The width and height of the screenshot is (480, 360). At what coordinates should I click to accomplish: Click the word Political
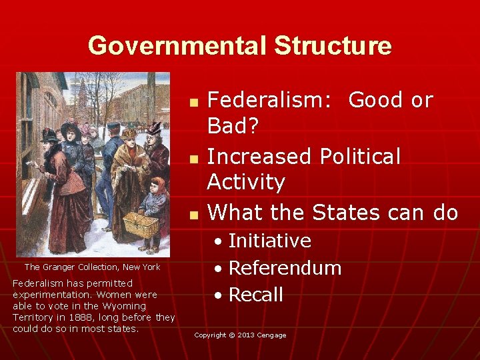pos(360,157)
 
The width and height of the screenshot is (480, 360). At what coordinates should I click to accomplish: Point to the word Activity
pos(246,181)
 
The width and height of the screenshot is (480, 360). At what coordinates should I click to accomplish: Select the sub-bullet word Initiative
pos(269,241)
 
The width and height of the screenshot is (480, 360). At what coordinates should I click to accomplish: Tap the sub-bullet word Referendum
pos(285,268)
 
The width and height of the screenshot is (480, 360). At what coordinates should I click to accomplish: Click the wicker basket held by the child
pos(141,225)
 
